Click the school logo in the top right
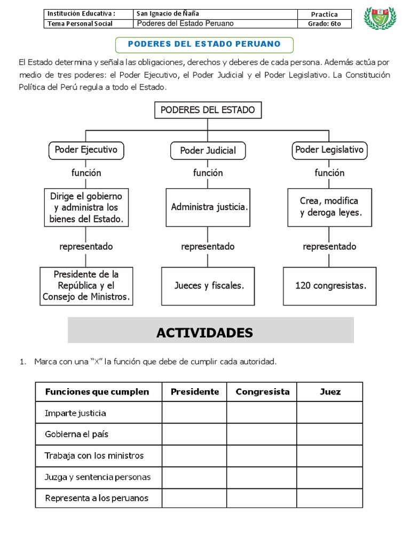coord(380,18)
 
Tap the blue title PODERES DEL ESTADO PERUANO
coord(204,43)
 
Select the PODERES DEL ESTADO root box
coord(208,110)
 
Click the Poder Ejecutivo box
coord(86,150)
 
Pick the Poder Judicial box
coord(208,150)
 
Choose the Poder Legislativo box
coord(329,150)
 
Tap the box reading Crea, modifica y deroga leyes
coord(329,207)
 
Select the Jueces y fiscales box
coord(208,286)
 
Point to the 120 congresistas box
coord(330,286)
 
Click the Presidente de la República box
coord(86,286)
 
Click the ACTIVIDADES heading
coord(204,333)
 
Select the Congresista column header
coord(262,392)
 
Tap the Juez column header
coord(330,392)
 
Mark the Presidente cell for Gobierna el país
coord(194,434)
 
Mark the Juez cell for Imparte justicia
coord(330,413)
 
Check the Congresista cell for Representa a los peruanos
coord(262,498)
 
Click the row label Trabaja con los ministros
coord(94,455)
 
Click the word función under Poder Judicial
coord(208,173)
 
